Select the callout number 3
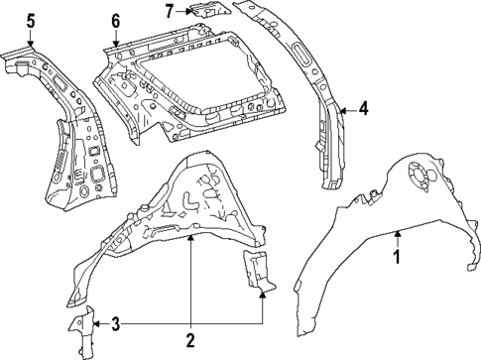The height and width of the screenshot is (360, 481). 115,322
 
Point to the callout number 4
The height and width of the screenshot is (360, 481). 364,109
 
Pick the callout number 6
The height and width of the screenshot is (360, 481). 115,20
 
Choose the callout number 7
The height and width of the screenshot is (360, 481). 170,11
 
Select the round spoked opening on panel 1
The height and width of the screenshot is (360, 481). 421,178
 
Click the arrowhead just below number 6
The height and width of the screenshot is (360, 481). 115,45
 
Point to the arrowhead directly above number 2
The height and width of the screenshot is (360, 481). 190,240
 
